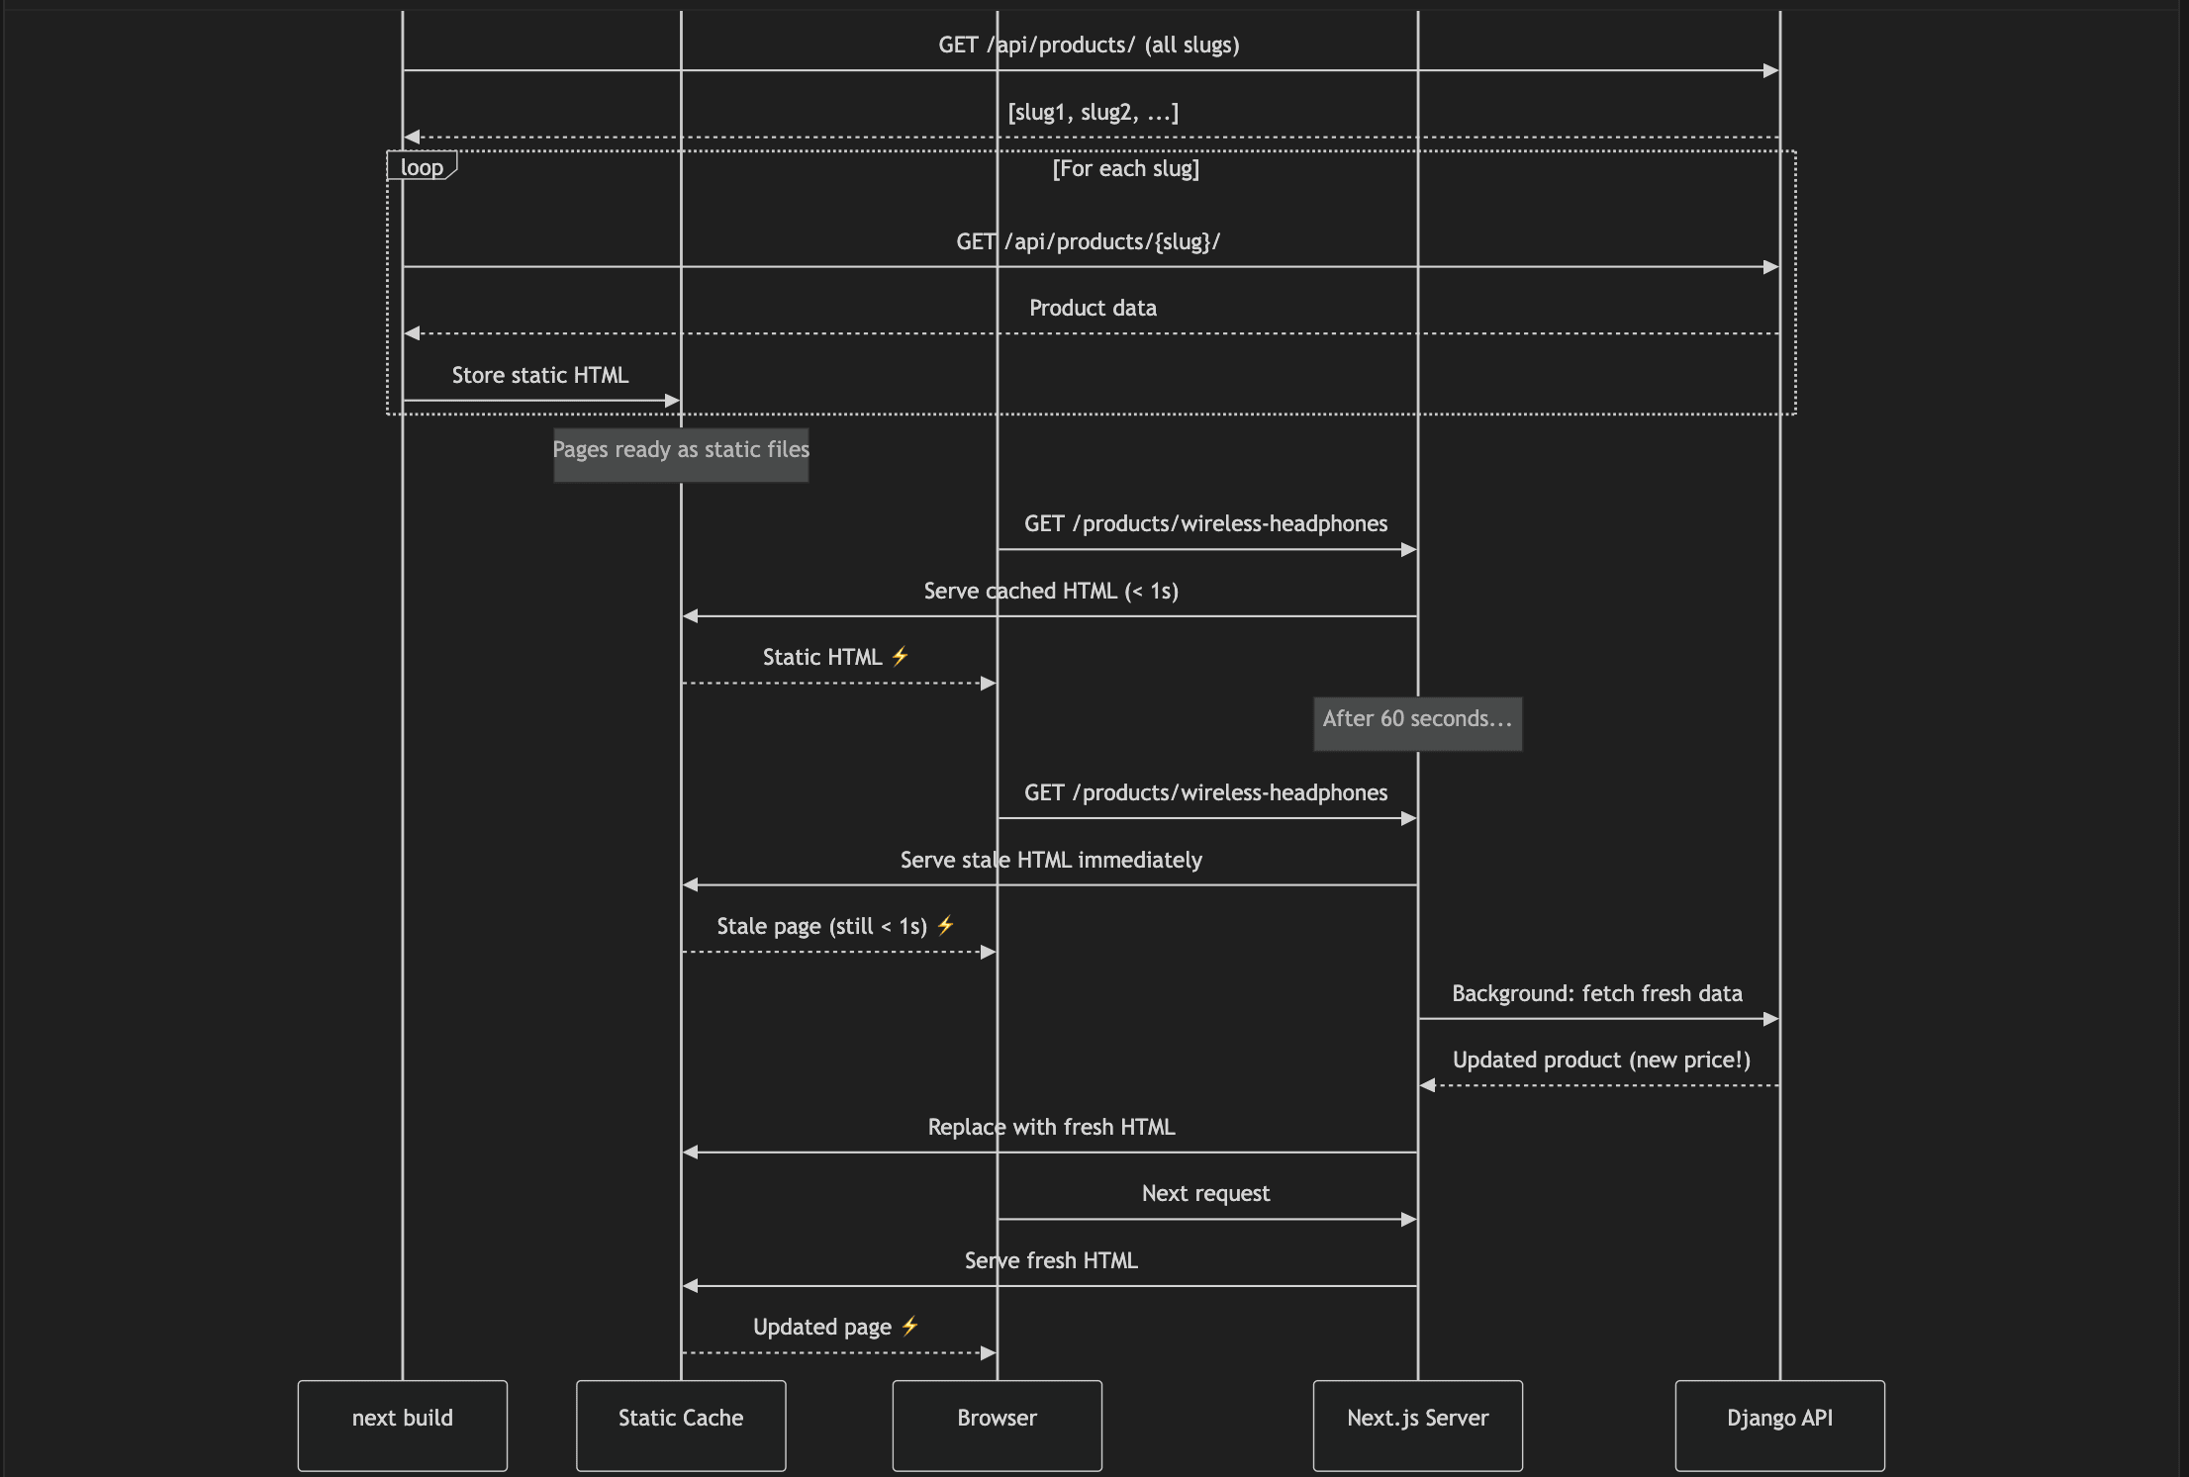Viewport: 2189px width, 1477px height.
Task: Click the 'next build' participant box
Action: (402, 1425)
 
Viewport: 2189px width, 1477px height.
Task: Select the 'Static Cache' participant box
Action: (681, 1425)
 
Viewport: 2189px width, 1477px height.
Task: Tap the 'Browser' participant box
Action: (997, 1425)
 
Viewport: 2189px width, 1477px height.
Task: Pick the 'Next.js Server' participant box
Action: (1417, 1425)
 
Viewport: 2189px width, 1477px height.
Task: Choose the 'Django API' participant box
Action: (1779, 1425)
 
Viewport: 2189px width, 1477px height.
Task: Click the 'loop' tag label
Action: (422, 166)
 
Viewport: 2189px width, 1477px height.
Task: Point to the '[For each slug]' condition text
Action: (1125, 168)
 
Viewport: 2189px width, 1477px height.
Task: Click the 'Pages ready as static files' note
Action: (681, 455)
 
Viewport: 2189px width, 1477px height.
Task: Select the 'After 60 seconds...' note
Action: (1417, 724)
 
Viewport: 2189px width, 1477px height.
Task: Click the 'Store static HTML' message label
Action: (539, 375)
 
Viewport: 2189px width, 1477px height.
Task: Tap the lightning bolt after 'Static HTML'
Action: (900, 656)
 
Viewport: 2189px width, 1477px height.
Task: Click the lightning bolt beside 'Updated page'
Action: (909, 1326)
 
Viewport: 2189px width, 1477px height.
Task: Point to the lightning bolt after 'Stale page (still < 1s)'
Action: (945, 925)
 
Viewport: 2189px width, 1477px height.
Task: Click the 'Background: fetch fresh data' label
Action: (1597, 993)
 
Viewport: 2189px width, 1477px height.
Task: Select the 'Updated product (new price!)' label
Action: (1601, 1060)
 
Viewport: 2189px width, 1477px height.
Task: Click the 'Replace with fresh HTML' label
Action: (1051, 1127)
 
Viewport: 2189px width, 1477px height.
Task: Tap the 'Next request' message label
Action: (1205, 1193)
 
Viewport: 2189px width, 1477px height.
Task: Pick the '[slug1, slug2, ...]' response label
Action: (1093, 112)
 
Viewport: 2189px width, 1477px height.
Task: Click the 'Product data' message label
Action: (1093, 308)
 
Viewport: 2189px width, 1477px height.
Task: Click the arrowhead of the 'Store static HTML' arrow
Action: (673, 401)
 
